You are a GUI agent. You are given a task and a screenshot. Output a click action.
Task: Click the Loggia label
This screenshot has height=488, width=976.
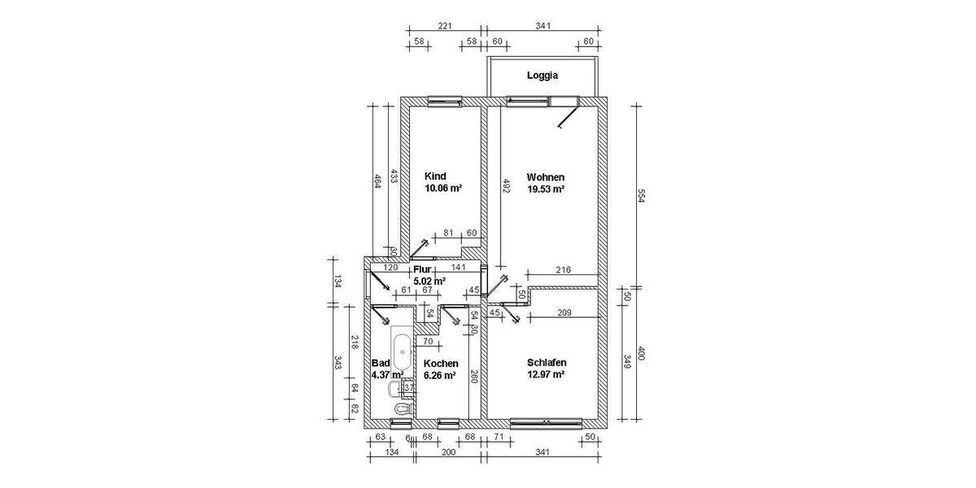[x=542, y=76]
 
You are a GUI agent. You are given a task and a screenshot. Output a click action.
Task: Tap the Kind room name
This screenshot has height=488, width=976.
[x=436, y=176]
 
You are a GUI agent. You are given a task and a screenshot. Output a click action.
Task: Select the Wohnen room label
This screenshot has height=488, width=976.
[x=546, y=176]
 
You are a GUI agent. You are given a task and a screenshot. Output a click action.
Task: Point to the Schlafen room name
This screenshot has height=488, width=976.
[x=547, y=363]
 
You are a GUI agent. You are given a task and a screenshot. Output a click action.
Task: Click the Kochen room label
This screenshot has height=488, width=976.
[x=441, y=364]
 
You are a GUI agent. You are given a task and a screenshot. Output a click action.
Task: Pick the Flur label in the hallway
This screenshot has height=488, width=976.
[x=421, y=269]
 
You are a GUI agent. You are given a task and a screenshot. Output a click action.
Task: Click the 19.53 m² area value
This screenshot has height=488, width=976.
[x=546, y=189]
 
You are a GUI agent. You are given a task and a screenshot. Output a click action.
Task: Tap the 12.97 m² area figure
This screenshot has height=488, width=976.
[x=546, y=375]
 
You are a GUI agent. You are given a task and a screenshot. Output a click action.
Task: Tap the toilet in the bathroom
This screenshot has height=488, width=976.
[x=399, y=407]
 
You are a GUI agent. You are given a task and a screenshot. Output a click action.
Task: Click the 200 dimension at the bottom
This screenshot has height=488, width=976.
[x=448, y=453]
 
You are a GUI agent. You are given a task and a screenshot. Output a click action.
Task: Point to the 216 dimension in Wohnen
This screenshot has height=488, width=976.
[x=563, y=270]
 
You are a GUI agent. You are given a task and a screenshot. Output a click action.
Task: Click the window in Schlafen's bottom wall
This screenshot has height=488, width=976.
[x=546, y=422]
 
